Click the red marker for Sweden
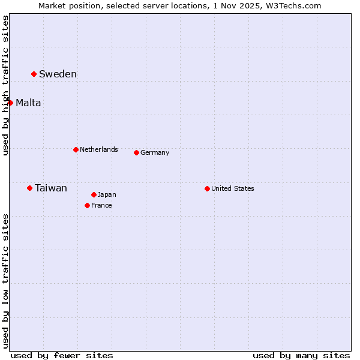click(x=34, y=74)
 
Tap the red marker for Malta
click(x=10, y=103)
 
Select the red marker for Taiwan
click(x=29, y=188)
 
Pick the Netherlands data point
click(x=76, y=149)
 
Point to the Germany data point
click(x=136, y=152)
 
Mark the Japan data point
click(x=94, y=194)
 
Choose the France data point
click(x=87, y=205)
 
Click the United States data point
click(x=207, y=188)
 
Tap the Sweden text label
click(x=58, y=74)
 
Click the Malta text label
click(x=28, y=103)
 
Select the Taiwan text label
click(x=51, y=188)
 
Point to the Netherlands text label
click(x=98, y=149)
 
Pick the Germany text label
click(x=155, y=152)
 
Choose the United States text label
click(x=232, y=188)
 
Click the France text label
click(x=101, y=205)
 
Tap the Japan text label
click(x=107, y=194)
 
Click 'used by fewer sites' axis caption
click(x=62, y=355)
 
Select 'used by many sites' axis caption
click(x=301, y=355)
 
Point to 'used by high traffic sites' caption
click(x=5, y=85)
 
